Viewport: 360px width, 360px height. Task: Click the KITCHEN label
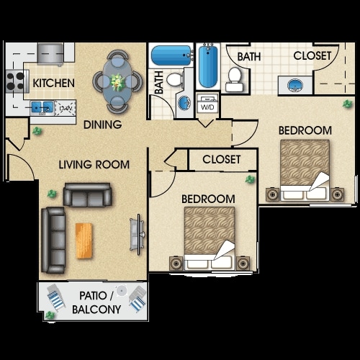point(53,83)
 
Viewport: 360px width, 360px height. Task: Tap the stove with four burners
point(16,81)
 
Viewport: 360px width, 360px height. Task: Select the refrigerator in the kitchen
point(50,54)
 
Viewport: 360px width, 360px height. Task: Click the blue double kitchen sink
point(42,107)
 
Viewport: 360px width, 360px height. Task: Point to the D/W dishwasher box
point(66,108)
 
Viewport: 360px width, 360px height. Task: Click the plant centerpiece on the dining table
point(117,81)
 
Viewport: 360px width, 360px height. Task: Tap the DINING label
point(103,125)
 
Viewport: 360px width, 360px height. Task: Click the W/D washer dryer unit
point(207,104)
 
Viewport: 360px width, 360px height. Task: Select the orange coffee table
point(84,240)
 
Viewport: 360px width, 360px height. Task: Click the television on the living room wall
point(138,234)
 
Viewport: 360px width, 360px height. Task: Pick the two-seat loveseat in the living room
point(87,194)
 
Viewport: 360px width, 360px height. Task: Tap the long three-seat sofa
point(53,240)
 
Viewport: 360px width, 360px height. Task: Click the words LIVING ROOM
point(94,165)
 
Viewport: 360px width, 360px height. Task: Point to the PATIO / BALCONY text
point(96,302)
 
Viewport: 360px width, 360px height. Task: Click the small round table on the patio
point(122,291)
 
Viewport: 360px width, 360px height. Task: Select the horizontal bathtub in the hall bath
point(171,55)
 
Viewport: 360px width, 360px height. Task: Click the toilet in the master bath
point(234,79)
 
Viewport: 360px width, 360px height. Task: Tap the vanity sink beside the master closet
point(295,86)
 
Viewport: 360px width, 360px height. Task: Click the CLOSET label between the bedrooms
point(222,159)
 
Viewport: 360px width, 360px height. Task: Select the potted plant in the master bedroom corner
point(347,104)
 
